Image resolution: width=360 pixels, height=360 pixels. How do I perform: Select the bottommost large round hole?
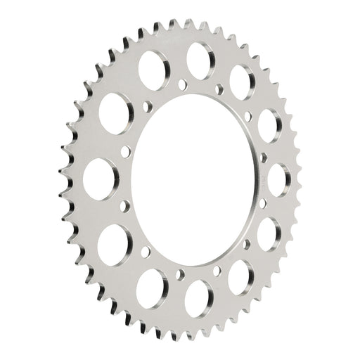[x=198, y=295]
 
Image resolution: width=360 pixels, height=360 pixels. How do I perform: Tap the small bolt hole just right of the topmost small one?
[x=219, y=89]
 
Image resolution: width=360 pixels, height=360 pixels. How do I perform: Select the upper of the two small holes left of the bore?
[x=126, y=151]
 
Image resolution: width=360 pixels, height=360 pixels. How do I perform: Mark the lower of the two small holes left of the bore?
[x=126, y=205]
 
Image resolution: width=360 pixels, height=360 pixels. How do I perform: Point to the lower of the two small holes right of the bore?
[x=264, y=205]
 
